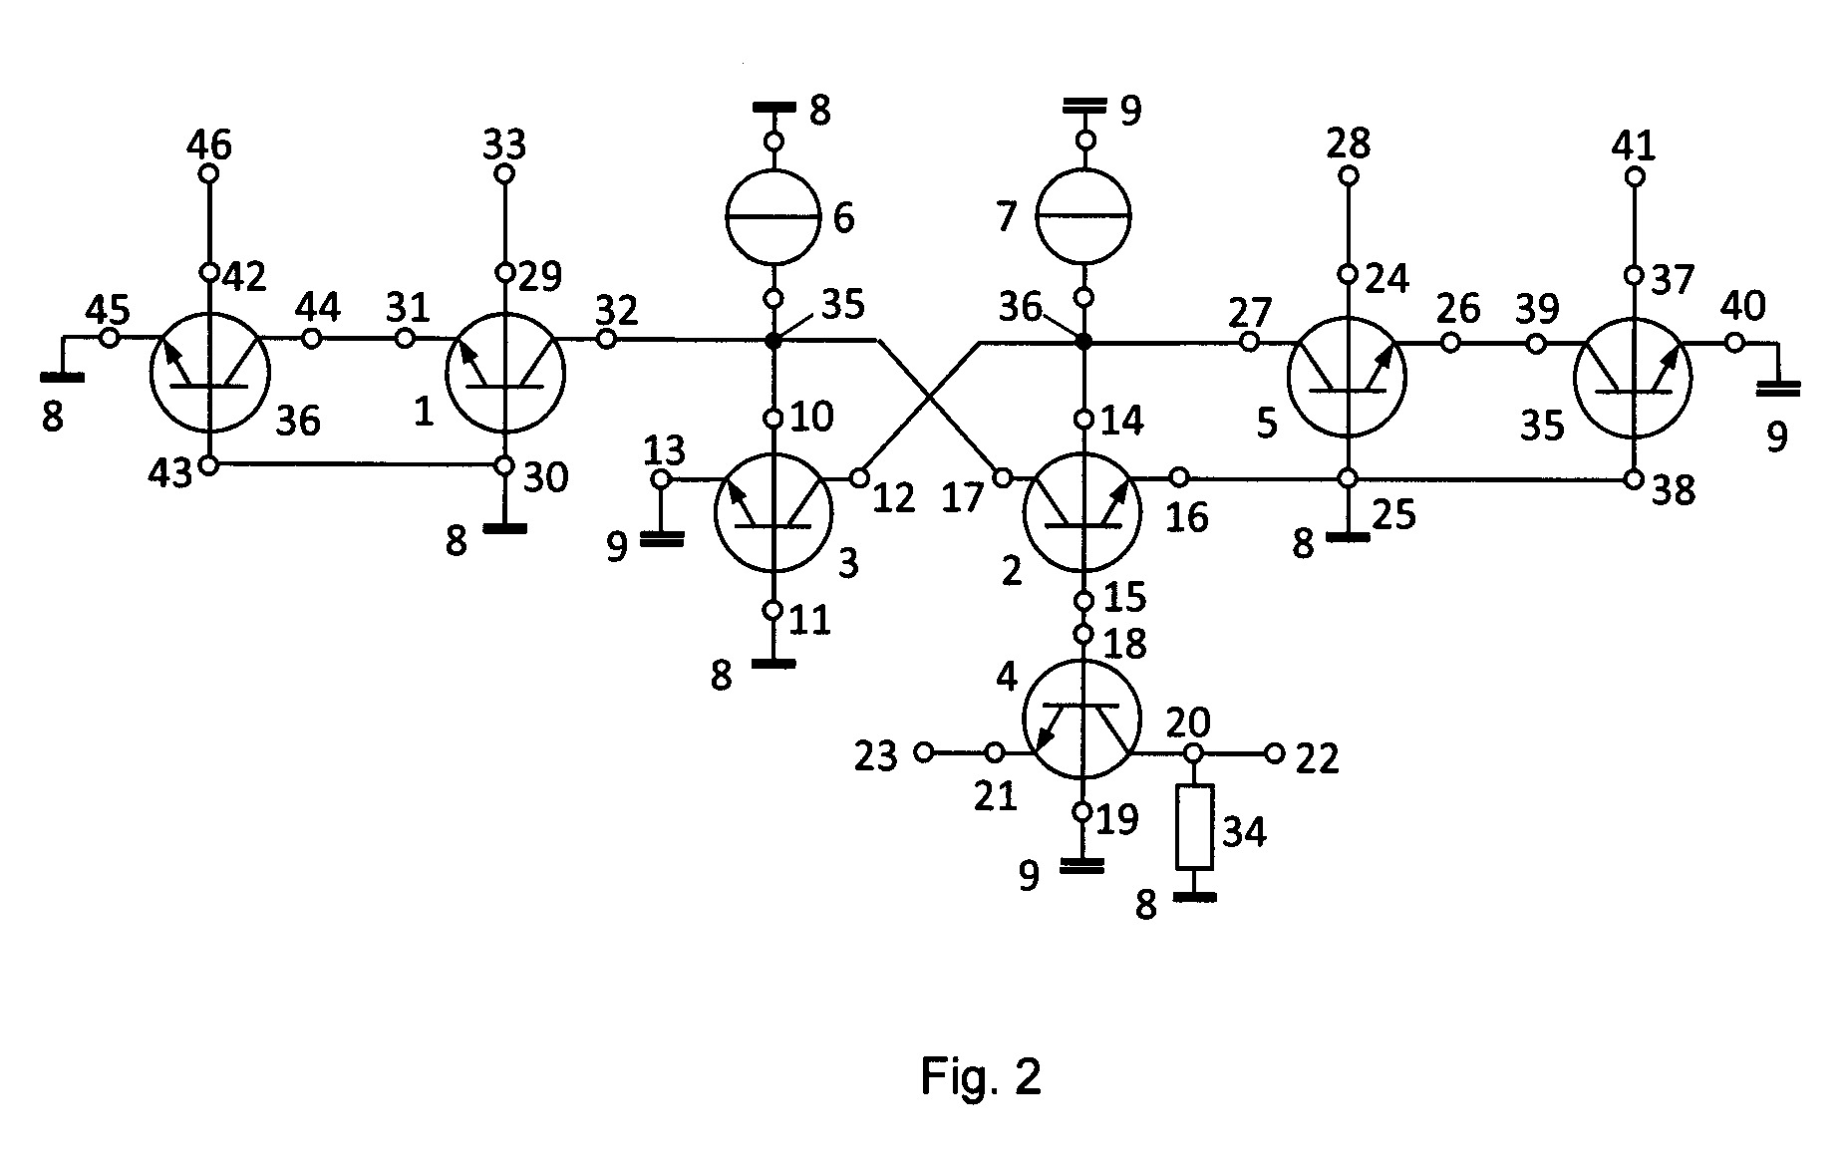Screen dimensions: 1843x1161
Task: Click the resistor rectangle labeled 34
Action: pyautogui.click(x=1194, y=827)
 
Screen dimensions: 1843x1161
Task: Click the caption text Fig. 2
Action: pyautogui.click(x=981, y=1076)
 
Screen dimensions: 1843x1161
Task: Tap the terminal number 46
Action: pyautogui.click(x=209, y=146)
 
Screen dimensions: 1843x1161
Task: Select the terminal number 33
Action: pyautogui.click(x=504, y=146)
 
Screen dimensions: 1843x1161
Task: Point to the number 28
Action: pyautogui.click(x=1348, y=145)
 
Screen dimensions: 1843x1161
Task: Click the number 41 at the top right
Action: pyautogui.click(x=1634, y=146)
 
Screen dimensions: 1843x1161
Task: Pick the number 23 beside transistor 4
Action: pyautogui.click(x=877, y=757)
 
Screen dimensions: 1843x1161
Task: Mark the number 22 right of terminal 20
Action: pyautogui.click(x=1316, y=759)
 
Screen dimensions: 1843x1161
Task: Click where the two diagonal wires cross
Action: pyautogui.click(x=929, y=399)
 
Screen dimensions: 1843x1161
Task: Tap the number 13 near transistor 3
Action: pyautogui.click(x=664, y=450)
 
